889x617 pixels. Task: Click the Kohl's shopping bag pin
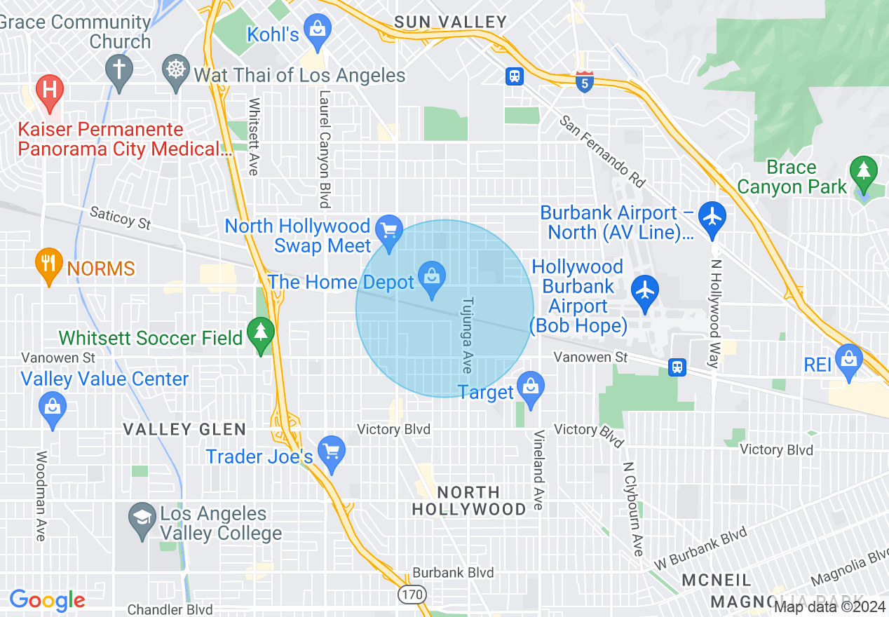pyautogui.click(x=318, y=31)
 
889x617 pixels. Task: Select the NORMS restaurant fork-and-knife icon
pyautogui.click(x=48, y=264)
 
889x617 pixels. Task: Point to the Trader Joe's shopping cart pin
pyautogui.click(x=331, y=452)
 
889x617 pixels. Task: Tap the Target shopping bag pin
pyautogui.click(x=531, y=387)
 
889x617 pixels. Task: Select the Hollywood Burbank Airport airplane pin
pyautogui.click(x=645, y=291)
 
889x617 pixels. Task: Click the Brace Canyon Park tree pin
pyautogui.click(x=863, y=173)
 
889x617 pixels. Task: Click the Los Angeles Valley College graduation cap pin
pyautogui.click(x=142, y=519)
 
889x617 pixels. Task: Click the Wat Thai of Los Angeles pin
pyautogui.click(x=175, y=71)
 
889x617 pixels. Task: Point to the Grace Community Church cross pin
pyautogui.click(x=119, y=71)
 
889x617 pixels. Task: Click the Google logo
pyautogui.click(x=47, y=600)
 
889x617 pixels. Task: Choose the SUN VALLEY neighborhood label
pyautogui.click(x=450, y=22)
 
